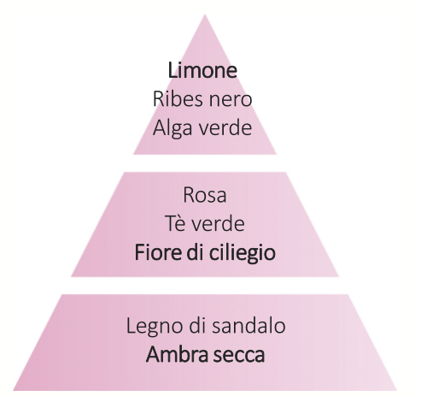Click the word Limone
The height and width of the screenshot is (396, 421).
pyautogui.click(x=202, y=70)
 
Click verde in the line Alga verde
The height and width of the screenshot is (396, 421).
pyautogui.click(x=225, y=127)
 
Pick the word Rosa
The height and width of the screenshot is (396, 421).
pyautogui.click(x=205, y=195)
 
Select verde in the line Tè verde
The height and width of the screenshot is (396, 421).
pyautogui.click(x=218, y=224)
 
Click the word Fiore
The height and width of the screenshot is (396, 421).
pyautogui.click(x=158, y=252)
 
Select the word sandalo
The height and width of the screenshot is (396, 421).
pyautogui.click(x=249, y=326)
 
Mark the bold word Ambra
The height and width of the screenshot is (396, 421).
pyautogui.click(x=177, y=355)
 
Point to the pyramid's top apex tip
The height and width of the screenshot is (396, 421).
pyautogui.click(x=205, y=15)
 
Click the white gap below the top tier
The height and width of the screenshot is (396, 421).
pyautogui.click(x=205, y=163)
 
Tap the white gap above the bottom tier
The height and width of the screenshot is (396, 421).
pyautogui.click(x=205, y=286)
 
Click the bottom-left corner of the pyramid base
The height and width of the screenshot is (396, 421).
pyautogui.click(x=14, y=390)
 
